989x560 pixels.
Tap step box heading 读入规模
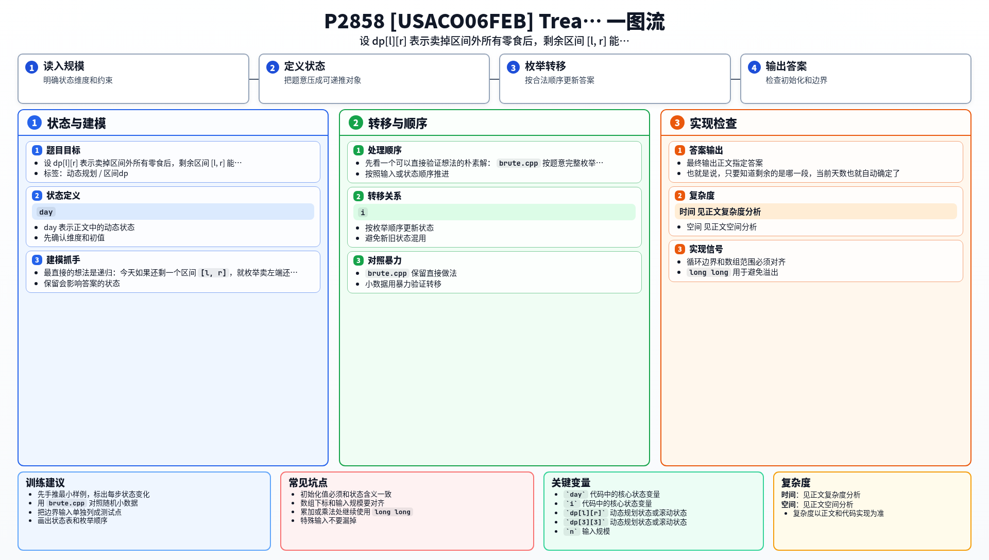[64, 66]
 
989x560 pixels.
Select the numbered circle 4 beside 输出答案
[754, 67]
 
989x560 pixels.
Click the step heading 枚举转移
[545, 66]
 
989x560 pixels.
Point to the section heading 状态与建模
[77, 124]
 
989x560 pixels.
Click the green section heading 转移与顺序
[398, 124]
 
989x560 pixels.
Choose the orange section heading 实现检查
[713, 124]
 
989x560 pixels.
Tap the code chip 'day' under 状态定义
[46, 212]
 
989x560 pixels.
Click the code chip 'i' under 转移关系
[363, 213]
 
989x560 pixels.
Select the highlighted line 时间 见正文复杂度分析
[720, 212]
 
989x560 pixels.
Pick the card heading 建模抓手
[63, 260]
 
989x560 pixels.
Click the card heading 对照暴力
[385, 260]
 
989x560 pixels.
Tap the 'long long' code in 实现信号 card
[708, 272]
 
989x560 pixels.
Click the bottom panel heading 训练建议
[45, 483]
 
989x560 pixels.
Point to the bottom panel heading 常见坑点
[308, 483]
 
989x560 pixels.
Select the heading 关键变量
[571, 483]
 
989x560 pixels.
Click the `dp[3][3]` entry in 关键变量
[586, 522]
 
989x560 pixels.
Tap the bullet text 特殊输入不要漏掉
[329, 520]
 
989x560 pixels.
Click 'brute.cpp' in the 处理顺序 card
[518, 163]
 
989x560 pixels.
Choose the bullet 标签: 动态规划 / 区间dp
[86, 173]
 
